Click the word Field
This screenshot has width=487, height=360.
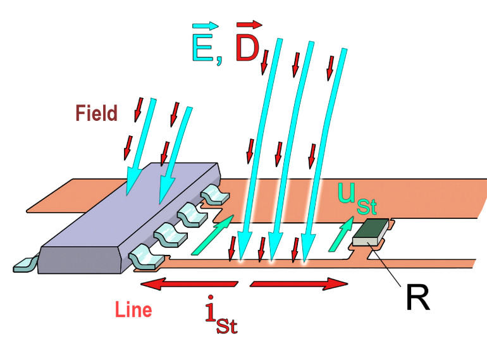[x=97, y=114]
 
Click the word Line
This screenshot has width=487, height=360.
[x=134, y=311]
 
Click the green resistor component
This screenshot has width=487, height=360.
[x=371, y=232]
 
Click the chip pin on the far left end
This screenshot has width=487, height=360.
[x=24, y=264]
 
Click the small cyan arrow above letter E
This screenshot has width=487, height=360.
[x=207, y=26]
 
